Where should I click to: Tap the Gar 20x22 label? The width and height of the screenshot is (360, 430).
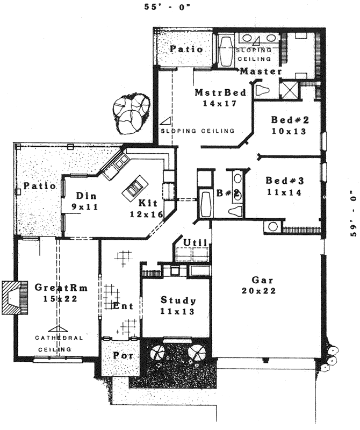point(263,285)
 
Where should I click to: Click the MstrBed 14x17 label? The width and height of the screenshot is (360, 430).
point(220,98)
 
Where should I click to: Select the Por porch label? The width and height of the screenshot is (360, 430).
point(124,356)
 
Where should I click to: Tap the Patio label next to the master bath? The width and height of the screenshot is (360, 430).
point(186,49)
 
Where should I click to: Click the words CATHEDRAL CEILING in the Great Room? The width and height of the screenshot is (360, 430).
point(60,343)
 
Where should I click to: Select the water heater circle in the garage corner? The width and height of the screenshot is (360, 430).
point(273,226)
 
